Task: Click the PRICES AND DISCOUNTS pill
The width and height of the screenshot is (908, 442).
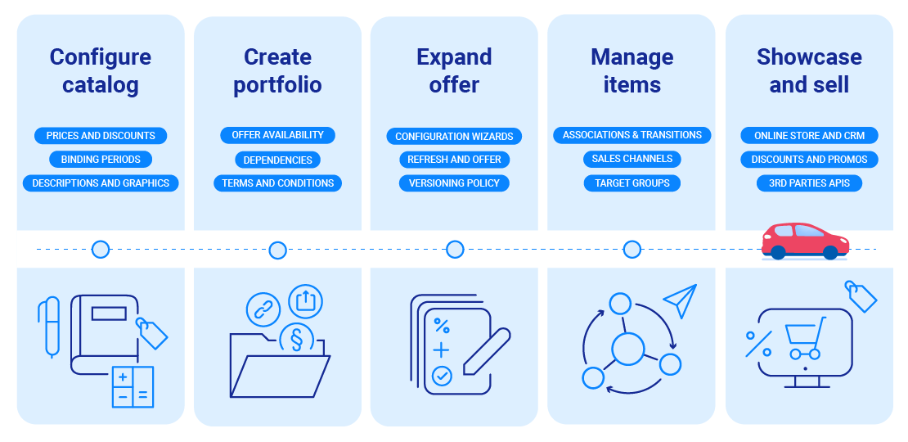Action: click(x=101, y=135)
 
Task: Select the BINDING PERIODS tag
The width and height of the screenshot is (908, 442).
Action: click(x=101, y=160)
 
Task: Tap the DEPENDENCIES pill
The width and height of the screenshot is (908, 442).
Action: click(x=277, y=160)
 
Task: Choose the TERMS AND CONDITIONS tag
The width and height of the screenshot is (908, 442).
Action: click(x=277, y=183)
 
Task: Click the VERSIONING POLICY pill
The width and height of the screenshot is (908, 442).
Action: click(x=454, y=183)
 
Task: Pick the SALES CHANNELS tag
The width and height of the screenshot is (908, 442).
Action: click(x=632, y=159)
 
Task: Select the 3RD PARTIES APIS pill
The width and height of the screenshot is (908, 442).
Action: click(x=809, y=183)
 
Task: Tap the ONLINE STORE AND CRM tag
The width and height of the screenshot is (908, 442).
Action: click(x=809, y=135)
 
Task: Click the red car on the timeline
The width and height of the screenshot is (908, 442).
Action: click(x=805, y=240)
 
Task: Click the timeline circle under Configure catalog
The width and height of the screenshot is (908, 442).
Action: click(x=101, y=250)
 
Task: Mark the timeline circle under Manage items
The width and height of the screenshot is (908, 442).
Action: click(x=632, y=250)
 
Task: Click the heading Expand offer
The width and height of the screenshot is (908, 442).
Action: click(x=454, y=70)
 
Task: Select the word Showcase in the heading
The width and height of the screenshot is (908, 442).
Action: click(x=809, y=56)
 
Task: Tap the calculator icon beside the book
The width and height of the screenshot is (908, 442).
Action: click(x=133, y=386)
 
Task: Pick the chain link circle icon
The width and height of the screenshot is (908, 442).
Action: click(x=263, y=309)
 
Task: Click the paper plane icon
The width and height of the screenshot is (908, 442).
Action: click(x=681, y=300)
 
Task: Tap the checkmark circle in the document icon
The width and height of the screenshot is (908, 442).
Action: click(x=442, y=376)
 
